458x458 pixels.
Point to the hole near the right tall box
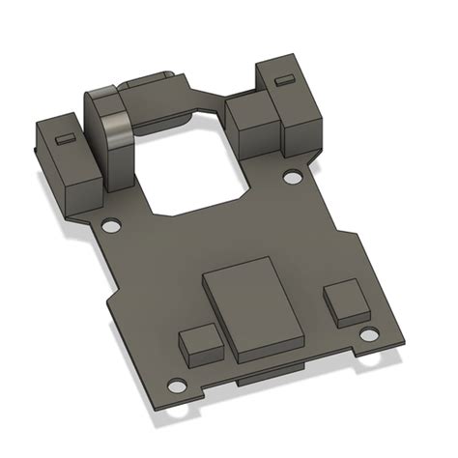(x=290, y=178)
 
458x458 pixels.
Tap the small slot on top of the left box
(x=63, y=138)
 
